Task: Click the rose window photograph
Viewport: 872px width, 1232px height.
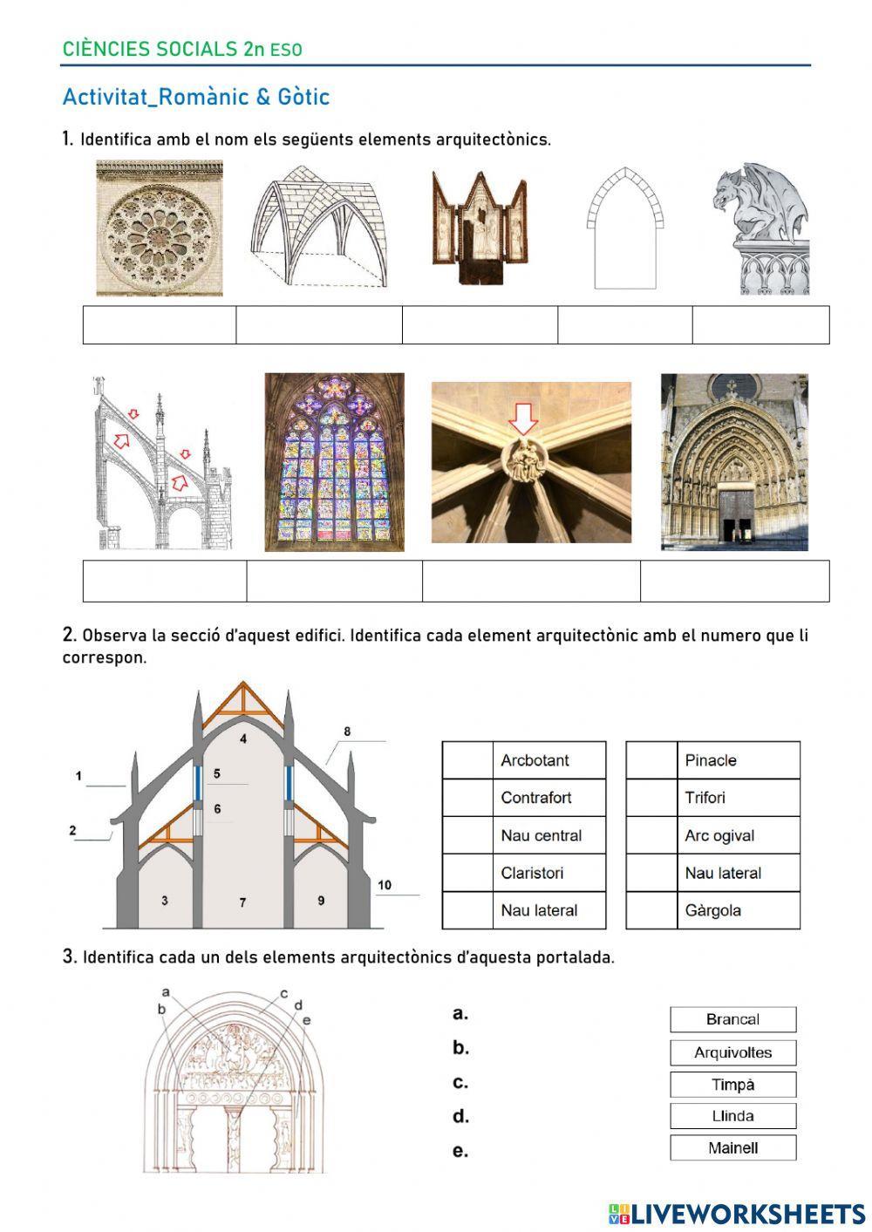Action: point(160,228)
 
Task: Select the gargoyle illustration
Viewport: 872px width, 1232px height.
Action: point(761,228)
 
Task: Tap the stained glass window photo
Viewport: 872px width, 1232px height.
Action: point(334,462)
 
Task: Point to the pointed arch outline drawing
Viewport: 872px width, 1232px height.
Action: point(624,228)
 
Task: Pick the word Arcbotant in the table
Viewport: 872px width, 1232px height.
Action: point(535,760)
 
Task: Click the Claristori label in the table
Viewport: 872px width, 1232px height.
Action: point(532,873)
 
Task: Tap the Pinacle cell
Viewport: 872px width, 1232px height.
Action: point(711,760)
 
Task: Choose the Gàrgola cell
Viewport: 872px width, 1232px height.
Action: point(713,910)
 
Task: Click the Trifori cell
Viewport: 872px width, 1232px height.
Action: point(705,798)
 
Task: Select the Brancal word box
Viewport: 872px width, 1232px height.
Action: point(732,1019)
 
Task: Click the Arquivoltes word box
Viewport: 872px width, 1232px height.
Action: point(732,1052)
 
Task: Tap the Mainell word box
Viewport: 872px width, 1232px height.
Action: point(732,1147)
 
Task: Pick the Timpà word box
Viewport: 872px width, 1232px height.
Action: point(732,1085)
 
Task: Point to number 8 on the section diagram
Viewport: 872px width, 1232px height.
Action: point(347,732)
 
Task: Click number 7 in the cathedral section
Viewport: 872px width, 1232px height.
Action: point(242,902)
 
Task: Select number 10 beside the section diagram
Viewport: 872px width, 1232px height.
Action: point(385,885)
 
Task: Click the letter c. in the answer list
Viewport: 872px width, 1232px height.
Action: point(460,1083)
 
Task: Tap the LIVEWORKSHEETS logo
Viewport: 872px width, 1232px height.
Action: point(737,1214)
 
